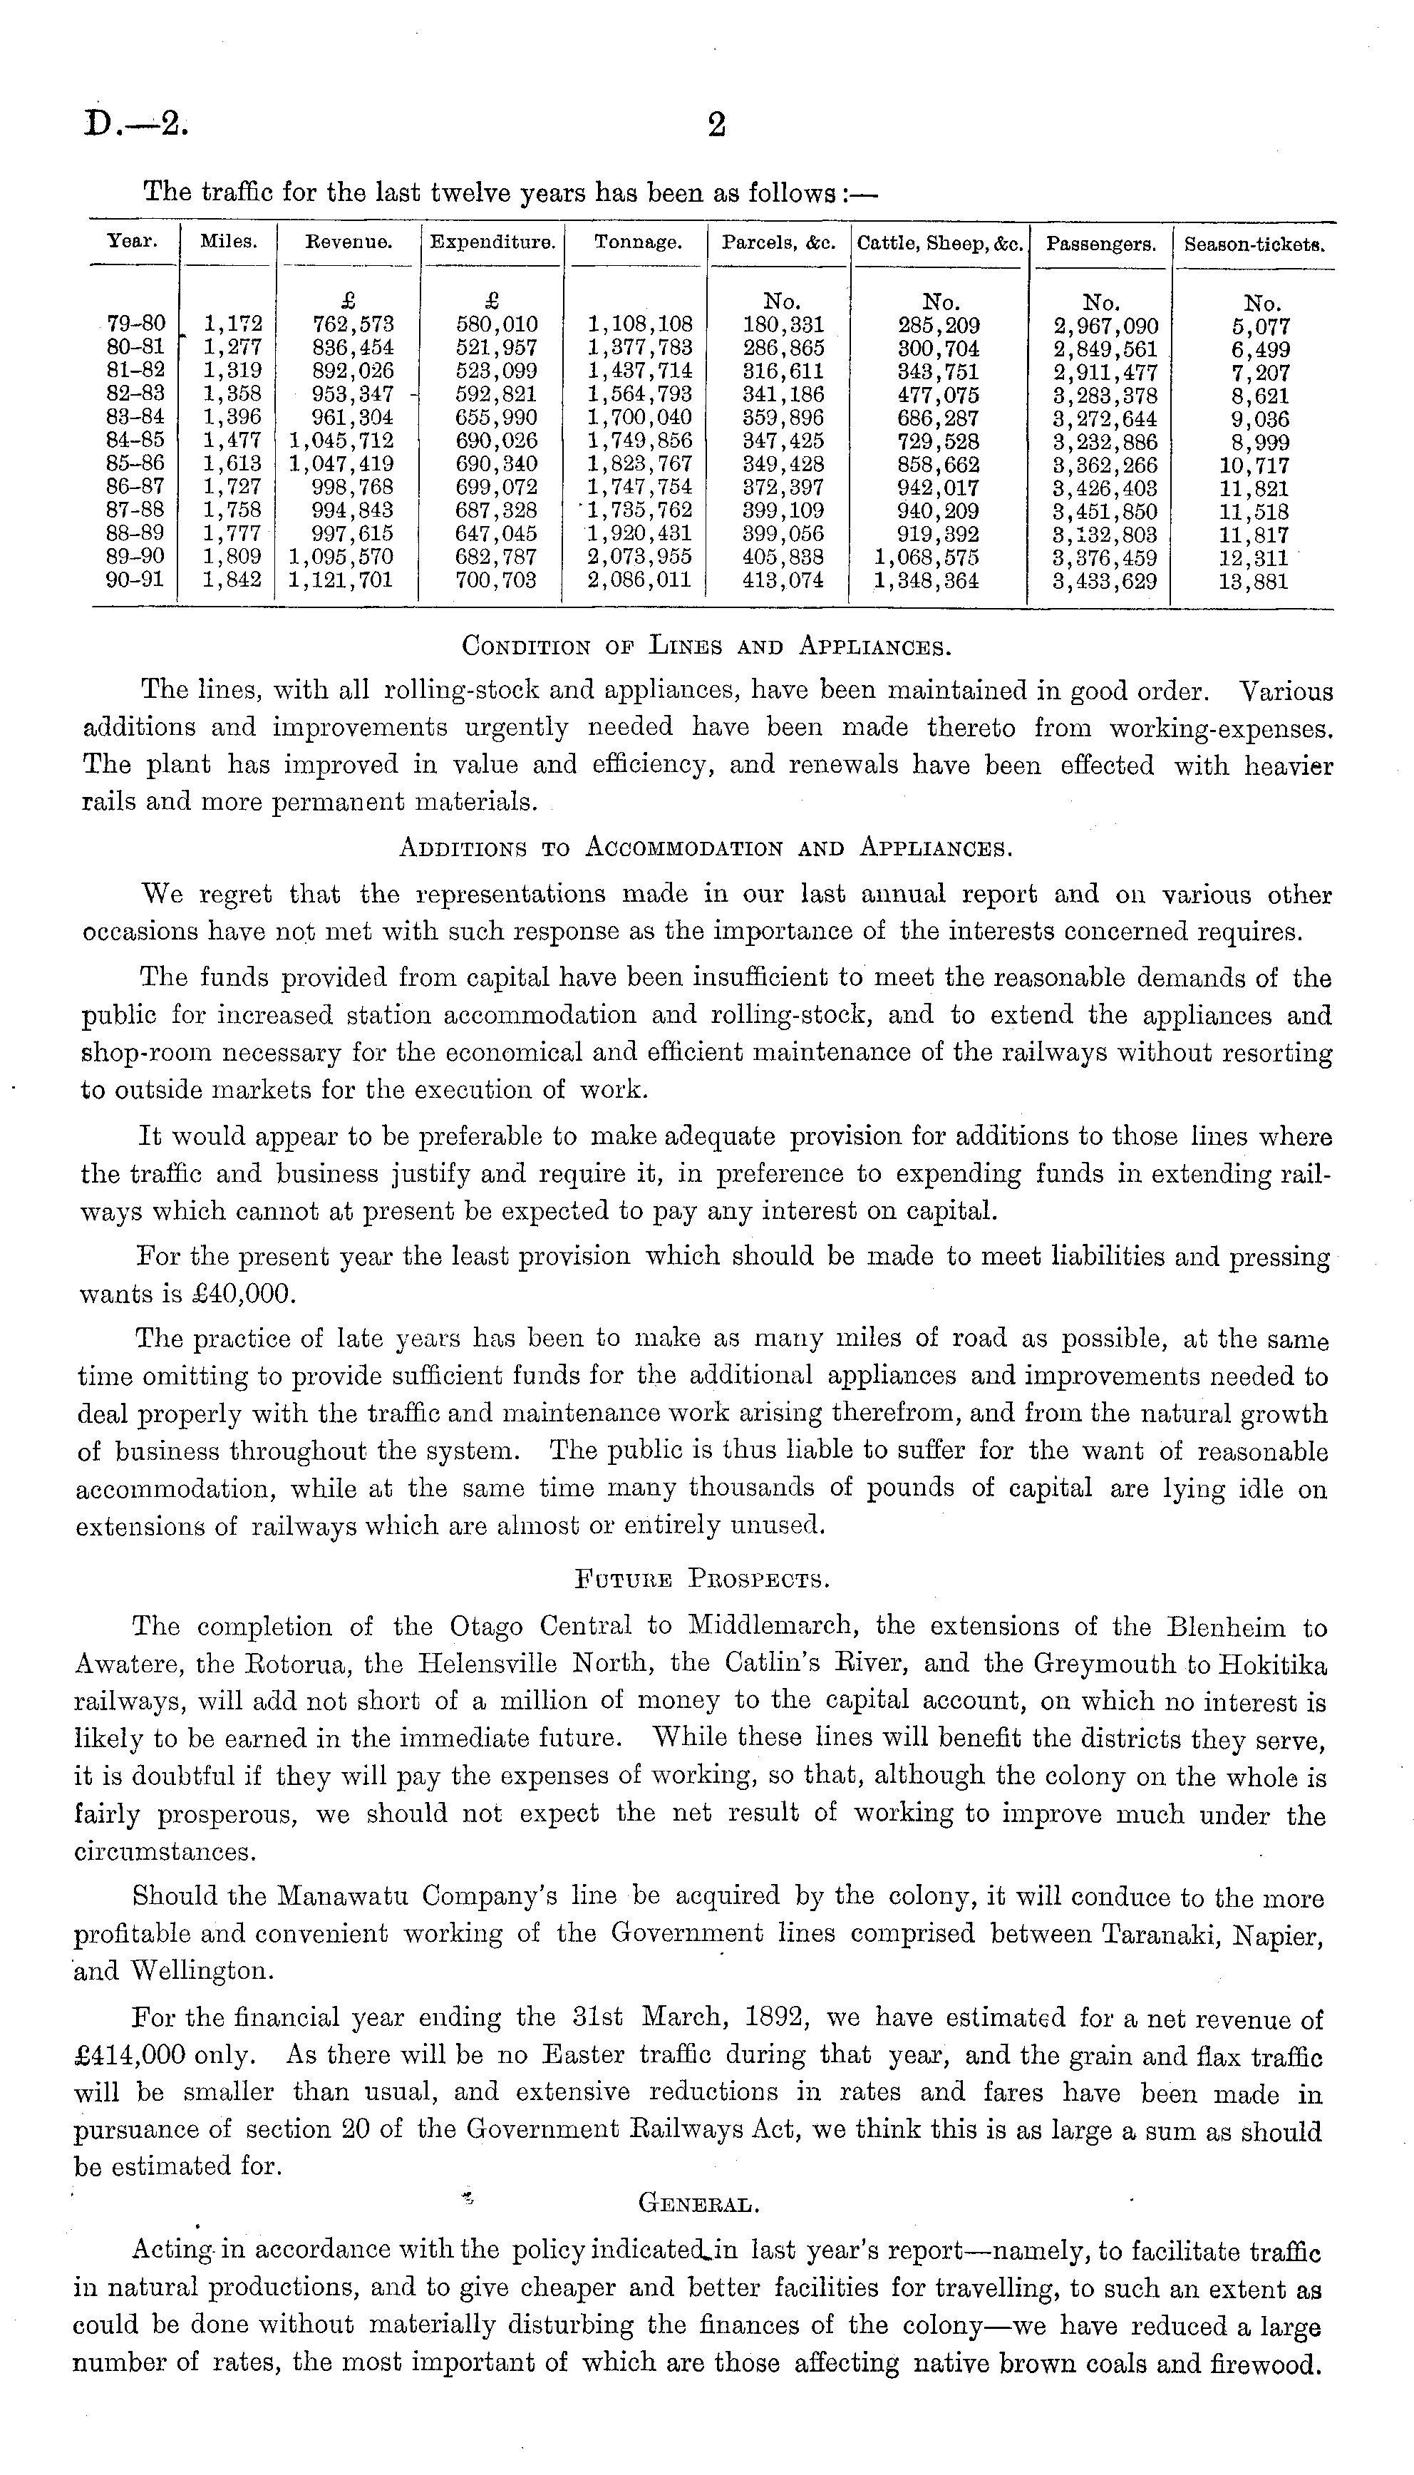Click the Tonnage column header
click(637, 244)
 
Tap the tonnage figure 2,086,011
click(640, 581)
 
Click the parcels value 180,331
click(783, 324)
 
